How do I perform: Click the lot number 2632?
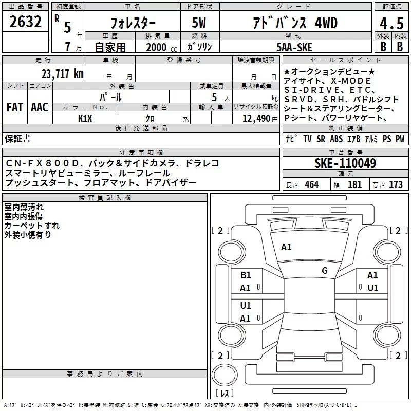tap(25, 22)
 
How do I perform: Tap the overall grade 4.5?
tap(391, 23)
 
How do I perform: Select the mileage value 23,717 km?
tap(63, 74)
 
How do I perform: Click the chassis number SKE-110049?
tap(345, 163)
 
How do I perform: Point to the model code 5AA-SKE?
tap(294, 47)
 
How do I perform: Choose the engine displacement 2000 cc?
tap(161, 48)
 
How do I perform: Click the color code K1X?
tap(85, 119)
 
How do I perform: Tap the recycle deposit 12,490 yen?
tap(260, 119)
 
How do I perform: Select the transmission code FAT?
tap(15, 107)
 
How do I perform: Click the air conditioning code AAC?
tap(40, 107)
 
